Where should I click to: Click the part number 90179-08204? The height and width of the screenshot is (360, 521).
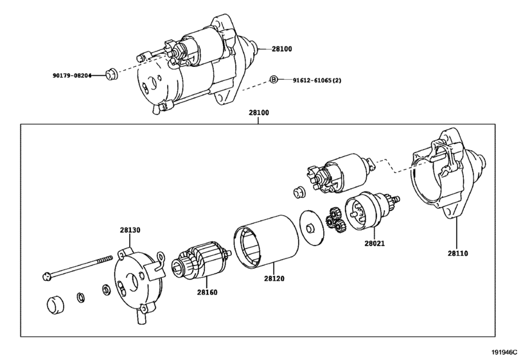point(72,75)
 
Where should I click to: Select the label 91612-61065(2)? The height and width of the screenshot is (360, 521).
point(317,80)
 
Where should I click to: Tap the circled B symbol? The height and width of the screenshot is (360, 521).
point(273,80)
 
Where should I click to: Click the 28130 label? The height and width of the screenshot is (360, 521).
point(130,230)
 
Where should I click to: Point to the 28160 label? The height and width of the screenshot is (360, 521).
point(207,292)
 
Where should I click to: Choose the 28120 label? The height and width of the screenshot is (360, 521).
point(274,278)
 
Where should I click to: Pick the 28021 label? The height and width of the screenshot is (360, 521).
point(375,244)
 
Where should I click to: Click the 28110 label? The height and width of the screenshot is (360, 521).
point(457,254)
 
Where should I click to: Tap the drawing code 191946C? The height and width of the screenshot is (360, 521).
point(505,352)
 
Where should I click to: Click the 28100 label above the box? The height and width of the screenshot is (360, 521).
point(259,113)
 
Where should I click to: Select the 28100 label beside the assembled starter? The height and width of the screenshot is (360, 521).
point(282,49)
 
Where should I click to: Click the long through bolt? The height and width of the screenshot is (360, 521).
point(78,267)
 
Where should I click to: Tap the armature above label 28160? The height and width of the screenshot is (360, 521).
point(201,260)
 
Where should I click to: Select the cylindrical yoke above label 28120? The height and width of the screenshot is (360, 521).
point(266,241)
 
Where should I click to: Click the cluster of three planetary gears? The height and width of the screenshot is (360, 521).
point(335,220)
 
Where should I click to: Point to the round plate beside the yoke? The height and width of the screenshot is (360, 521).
point(312,228)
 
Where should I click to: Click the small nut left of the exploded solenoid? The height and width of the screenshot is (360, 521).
point(298,192)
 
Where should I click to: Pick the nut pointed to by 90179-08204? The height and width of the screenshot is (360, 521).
point(111,74)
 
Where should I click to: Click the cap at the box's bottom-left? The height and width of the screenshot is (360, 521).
point(55,305)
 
